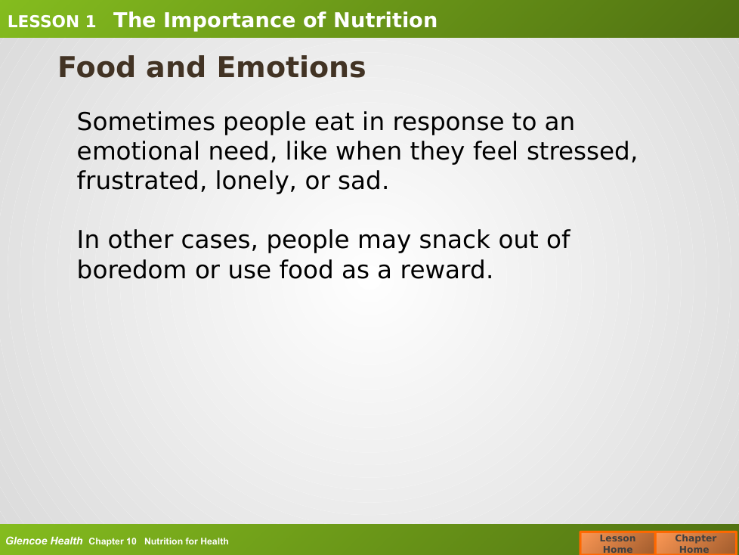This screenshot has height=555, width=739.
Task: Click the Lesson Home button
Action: (x=617, y=543)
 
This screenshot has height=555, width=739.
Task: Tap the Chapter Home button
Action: (x=696, y=543)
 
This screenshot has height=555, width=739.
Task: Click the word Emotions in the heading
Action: (x=291, y=67)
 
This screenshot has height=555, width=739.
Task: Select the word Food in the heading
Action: (x=97, y=67)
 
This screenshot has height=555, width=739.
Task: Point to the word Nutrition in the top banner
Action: (x=385, y=20)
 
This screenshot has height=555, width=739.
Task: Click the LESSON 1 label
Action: (x=51, y=22)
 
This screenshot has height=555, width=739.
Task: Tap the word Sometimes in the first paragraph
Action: (x=146, y=122)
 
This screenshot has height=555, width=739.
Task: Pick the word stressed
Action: (x=582, y=151)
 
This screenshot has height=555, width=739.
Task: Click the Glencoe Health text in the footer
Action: (x=44, y=541)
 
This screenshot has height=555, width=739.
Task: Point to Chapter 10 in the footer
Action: (x=112, y=541)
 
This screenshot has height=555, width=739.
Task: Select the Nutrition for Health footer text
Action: (x=186, y=541)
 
